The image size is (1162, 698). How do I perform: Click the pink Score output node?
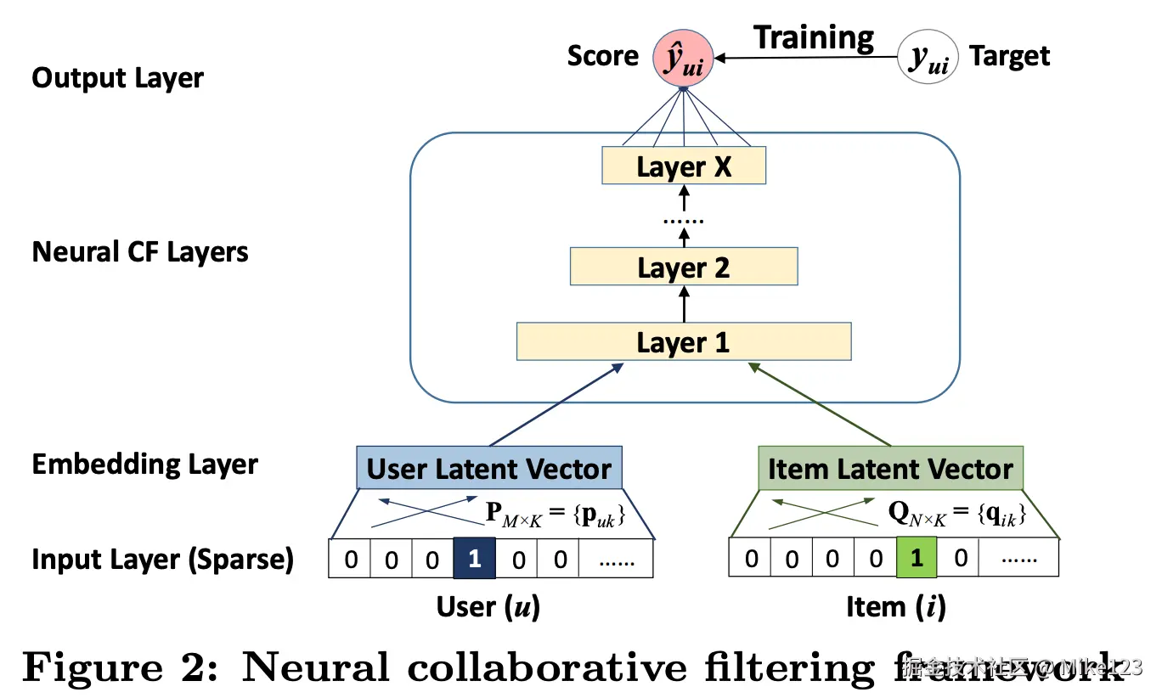[x=682, y=57]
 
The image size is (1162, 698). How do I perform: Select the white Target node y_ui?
[x=928, y=58]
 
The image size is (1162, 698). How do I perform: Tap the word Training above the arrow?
[x=814, y=37]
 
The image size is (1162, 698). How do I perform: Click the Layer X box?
[x=684, y=166]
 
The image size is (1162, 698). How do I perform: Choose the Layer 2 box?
[x=684, y=267]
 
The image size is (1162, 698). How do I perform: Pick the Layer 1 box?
[x=684, y=341]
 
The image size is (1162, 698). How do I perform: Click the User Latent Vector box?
[x=488, y=468]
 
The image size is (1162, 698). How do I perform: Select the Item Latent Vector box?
[x=890, y=468]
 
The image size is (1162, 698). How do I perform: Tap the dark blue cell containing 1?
[x=474, y=558]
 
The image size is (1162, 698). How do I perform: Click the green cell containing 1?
[x=916, y=558]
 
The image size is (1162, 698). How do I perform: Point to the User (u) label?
[x=488, y=606]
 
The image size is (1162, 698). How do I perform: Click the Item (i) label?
[x=895, y=606]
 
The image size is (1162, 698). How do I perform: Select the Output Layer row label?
[x=117, y=78]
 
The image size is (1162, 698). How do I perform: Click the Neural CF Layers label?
[x=140, y=252]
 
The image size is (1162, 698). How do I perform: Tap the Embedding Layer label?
[x=144, y=464]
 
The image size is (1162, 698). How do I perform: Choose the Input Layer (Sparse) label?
[x=162, y=560]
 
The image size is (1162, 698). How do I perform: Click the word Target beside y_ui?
[x=1009, y=56]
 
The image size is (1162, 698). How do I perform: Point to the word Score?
[x=602, y=56]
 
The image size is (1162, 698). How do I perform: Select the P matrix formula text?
[x=555, y=514]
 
